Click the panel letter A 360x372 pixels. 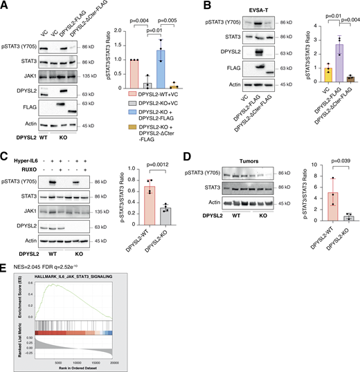[5, 5]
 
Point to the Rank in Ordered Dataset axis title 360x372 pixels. [85, 368]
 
